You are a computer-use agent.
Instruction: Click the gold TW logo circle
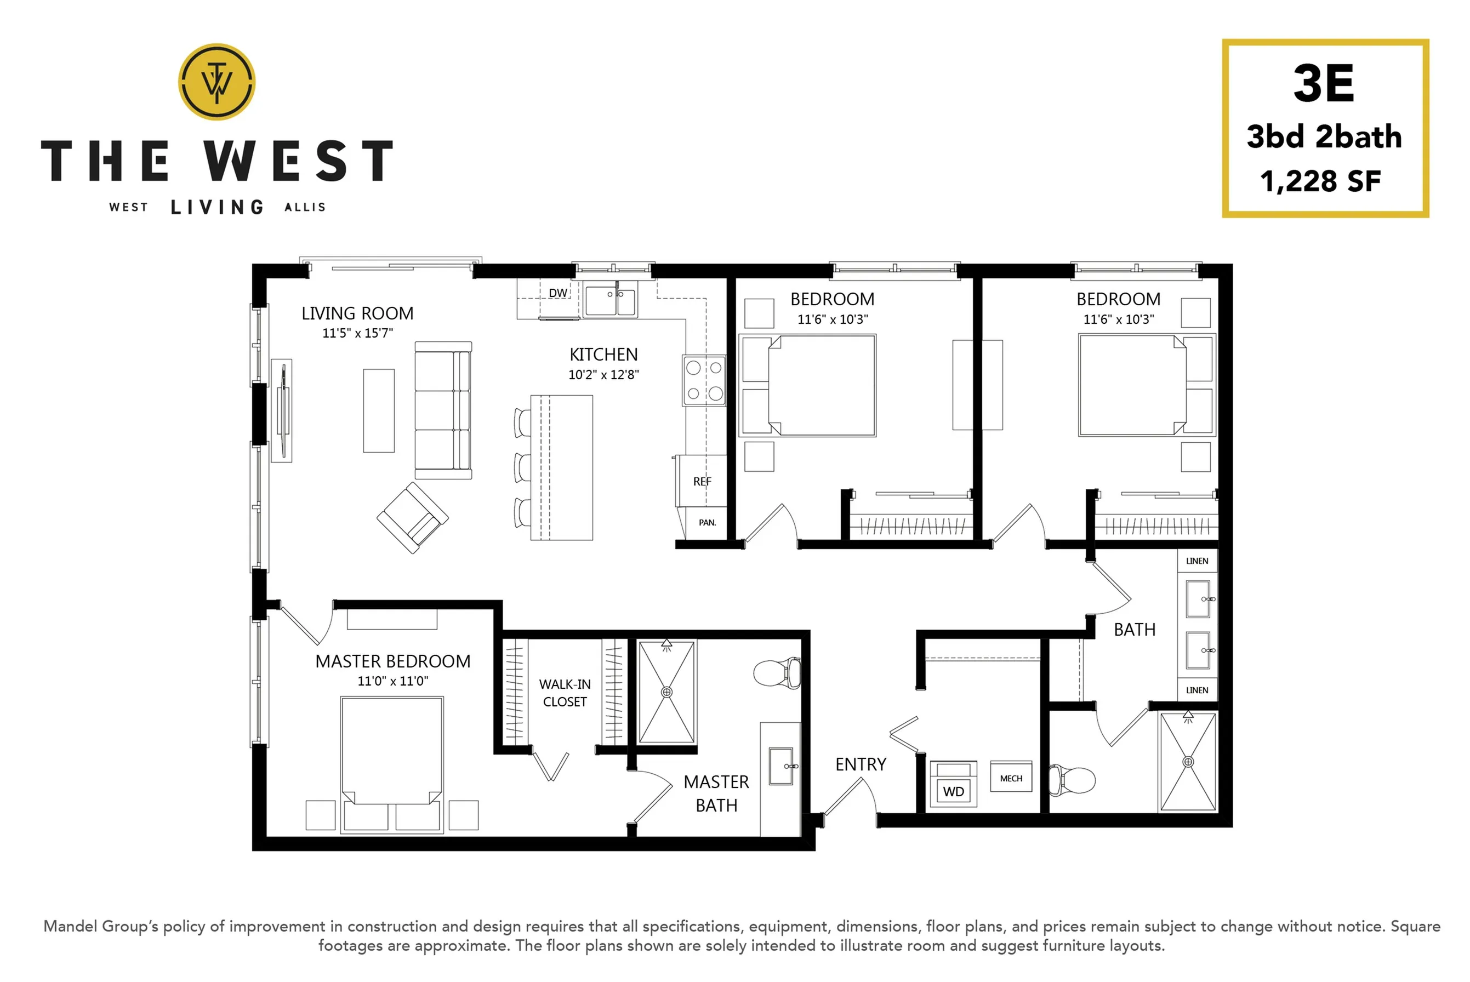(216, 82)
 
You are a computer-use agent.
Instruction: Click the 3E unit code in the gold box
(1324, 84)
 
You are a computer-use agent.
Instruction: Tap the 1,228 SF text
(1321, 181)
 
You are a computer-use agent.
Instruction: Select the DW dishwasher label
(557, 293)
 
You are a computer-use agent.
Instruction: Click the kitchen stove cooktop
(704, 380)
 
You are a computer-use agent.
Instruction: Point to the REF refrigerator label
(702, 482)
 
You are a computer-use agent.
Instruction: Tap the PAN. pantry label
(707, 522)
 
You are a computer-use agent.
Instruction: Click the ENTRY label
(861, 764)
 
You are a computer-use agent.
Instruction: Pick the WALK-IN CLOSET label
(565, 693)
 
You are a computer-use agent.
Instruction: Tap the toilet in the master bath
(777, 673)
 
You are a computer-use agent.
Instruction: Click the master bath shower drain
(666, 692)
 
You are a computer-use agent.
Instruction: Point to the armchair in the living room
(413, 517)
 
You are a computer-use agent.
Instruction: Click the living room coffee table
(379, 410)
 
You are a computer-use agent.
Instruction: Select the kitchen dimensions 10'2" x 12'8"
(604, 374)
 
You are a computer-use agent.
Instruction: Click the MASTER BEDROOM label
(392, 661)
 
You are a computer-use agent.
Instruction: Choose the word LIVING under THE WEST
(216, 207)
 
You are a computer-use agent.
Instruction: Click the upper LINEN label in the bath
(1197, 561)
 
